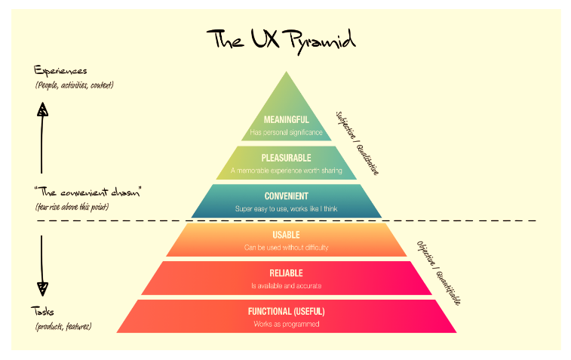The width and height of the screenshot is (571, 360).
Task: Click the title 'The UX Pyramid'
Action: [x=281, y=41]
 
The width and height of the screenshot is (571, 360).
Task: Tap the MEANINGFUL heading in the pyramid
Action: [x=286, y=119]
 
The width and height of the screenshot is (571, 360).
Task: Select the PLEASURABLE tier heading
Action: [x=286, y=158]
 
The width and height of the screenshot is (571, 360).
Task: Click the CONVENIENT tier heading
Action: [x=286, y=196]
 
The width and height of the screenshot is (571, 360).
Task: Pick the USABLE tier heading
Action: [x=286, y=235]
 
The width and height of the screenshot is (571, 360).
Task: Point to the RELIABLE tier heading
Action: [x=286, y=273]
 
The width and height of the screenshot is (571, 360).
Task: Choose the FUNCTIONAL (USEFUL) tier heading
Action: [x=286, y=311]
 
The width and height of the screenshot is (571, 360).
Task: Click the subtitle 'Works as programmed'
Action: [x=286, y=324]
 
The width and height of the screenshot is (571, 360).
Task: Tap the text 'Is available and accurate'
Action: [x=286, y=286]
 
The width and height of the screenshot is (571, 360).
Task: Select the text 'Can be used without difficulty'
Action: [x=286, y=248]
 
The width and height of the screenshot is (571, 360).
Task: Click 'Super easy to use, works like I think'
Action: [x=286, y=209]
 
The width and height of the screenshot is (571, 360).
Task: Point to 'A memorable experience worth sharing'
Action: [x=286, y=171]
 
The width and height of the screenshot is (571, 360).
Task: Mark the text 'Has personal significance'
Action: [x=286, y=132]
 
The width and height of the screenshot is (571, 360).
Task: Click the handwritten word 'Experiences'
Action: [x=60, y=70]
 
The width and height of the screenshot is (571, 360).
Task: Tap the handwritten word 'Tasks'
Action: [x=42, y=311]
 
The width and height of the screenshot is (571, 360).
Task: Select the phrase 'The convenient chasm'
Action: [x=87, y=192]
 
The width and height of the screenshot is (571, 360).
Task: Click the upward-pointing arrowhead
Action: [x=42, y=109]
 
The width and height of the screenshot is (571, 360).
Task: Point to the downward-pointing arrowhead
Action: [x=42, y=288]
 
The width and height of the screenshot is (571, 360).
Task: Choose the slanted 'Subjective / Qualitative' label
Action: [x=358, y=143]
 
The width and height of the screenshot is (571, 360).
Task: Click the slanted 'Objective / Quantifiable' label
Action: [x=439, y=273]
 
